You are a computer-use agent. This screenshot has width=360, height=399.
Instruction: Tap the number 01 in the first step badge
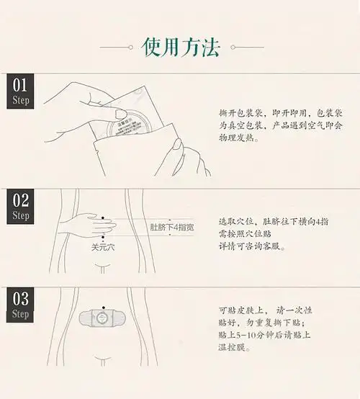click(21, 86)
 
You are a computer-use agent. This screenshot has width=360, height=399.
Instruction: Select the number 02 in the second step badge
click(21, 200)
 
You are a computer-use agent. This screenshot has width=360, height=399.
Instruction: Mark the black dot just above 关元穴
click(104, 238)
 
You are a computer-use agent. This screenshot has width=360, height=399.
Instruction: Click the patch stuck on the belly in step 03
click(105, 317)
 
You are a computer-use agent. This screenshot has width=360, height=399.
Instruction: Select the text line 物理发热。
click(237, 138)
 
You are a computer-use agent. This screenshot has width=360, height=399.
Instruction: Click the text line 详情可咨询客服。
click(251, 247)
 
